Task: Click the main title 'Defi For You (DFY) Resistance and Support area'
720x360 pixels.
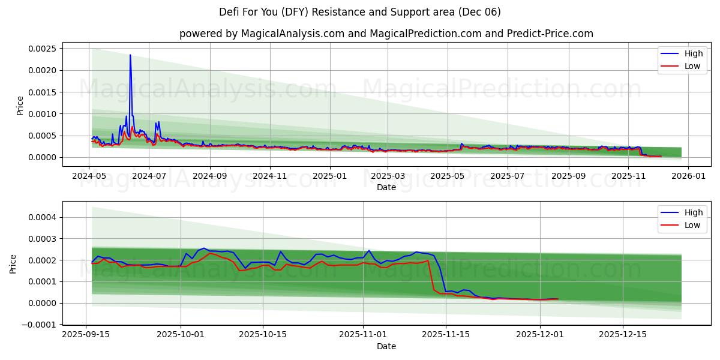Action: point(360,12)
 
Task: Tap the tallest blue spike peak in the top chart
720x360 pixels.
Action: point(130,55)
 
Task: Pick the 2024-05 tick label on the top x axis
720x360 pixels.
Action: point(89,176)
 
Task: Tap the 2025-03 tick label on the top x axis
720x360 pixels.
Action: point(387,176)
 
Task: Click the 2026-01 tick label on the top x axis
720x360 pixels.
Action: point(688,176)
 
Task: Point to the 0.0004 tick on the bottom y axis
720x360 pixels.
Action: point(40,217)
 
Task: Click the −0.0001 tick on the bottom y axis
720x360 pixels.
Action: point(37,325)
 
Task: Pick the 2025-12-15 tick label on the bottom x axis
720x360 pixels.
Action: point(623,335)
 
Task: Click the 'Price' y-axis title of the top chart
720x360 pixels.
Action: point(20,106)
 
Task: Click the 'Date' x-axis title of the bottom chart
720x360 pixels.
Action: point(386,346)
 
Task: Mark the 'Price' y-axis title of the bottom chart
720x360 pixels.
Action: point(13,264)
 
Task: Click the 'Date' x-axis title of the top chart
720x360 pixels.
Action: point(386,187)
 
